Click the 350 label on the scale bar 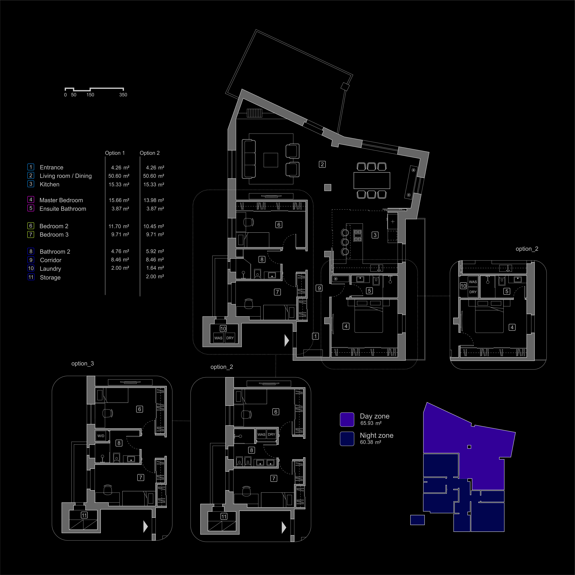123,95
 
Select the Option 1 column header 115,153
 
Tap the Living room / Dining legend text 66,176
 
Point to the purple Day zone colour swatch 347,419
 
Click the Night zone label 376,435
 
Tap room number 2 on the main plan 322,164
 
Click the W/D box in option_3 101,436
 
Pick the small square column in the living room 328,187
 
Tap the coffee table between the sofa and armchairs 271,160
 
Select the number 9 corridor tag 319,288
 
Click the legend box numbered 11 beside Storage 31,277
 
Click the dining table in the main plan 372,180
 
